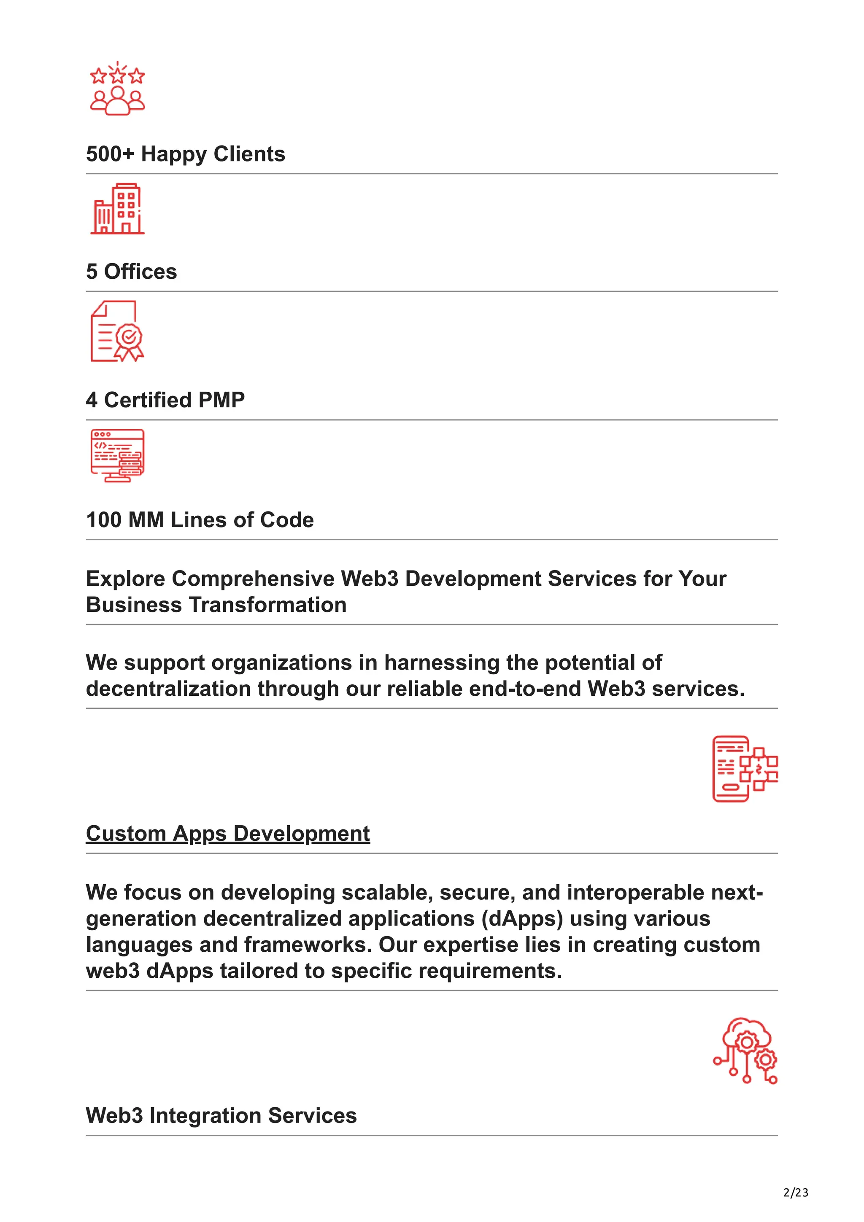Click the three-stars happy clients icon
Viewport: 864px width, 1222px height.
click(117, 89)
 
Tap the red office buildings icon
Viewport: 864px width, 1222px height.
click(117, 209)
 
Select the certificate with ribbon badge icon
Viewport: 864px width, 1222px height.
click(117, 331)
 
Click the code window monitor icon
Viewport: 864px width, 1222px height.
click(117, 455)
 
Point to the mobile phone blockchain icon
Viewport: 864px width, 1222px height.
click(745, 769)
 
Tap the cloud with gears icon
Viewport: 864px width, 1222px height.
click(745, 1050)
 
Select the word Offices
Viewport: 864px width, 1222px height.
click(140, 272)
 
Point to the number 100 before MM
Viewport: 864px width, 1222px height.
click(103, 520)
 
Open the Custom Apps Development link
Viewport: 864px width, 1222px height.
click(227, 834)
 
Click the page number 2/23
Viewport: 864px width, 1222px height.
click(795, 1192)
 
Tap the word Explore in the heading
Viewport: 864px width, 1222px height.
click(126, 579)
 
